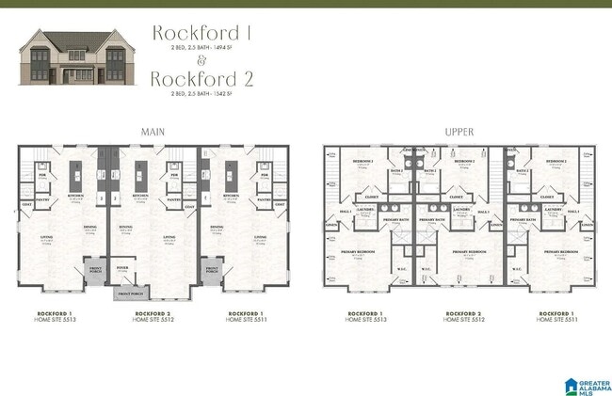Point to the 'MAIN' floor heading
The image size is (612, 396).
click(153, 132)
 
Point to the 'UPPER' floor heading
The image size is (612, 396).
click(459, 132)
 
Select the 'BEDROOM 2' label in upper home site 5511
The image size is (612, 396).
click(556, 162)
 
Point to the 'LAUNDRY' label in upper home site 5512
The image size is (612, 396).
click(460, 209)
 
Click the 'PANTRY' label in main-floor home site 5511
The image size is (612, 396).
click(265, 199)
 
